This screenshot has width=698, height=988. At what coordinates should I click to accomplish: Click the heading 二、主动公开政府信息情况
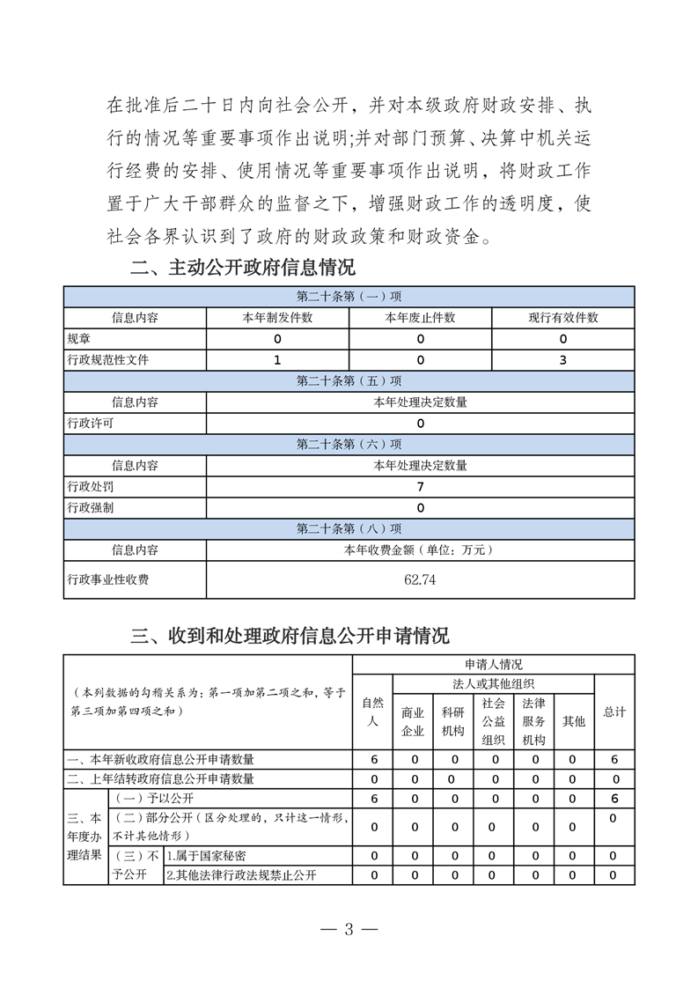[243, 267]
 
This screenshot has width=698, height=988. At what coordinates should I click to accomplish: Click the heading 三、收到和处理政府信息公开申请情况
[290, 635]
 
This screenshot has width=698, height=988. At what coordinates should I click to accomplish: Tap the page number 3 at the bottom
[349, 930]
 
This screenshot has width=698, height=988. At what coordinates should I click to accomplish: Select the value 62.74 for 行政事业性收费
[420, 579]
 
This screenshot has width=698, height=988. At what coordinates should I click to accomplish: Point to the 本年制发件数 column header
[277, 318]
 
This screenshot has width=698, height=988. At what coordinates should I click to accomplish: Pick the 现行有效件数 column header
[562, 318]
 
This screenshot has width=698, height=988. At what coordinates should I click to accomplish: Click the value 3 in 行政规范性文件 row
[562, 360]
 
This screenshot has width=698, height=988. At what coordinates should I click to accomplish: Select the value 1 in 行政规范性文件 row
[277, 360]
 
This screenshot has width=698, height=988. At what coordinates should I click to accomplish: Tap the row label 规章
[79, 339]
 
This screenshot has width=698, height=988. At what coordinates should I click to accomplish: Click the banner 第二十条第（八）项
[349, 529]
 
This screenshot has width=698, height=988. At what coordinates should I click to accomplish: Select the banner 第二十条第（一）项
[349, 297]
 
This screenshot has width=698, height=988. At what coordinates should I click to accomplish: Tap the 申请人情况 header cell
[493, 665]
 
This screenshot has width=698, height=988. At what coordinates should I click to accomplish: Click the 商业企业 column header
[413, 721]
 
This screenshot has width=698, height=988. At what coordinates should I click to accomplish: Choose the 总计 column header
[614, 712]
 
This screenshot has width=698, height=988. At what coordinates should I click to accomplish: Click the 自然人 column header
[373, 712]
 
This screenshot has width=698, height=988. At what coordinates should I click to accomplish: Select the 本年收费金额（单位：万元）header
[420, 550]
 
